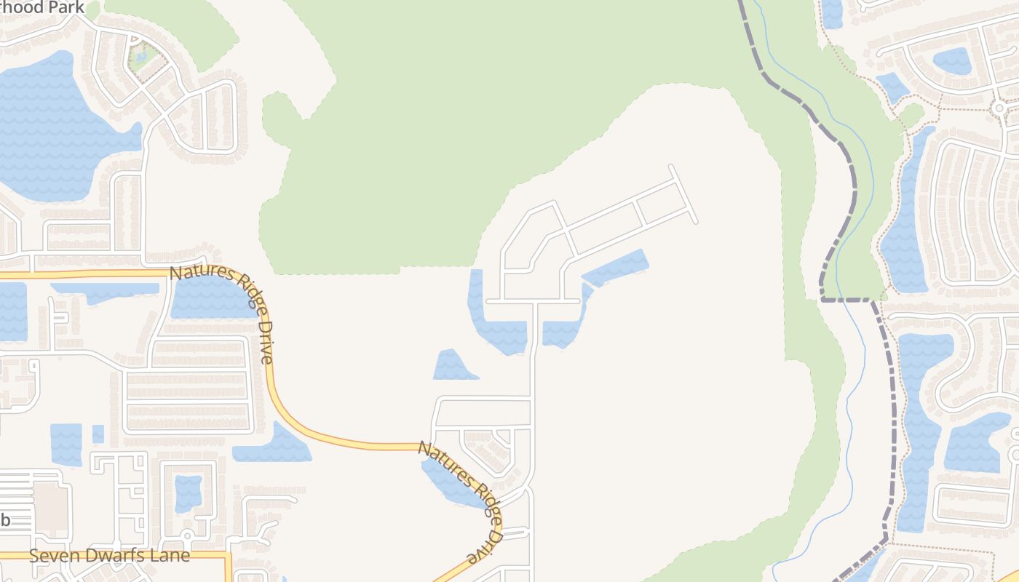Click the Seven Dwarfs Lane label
click(x=109, y=556)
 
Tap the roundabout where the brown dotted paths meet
click(x=999, y=108)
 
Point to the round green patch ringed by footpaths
click(x=911, y=114)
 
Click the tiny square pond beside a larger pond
click(x=98, y=434)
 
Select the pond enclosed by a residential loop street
click(x=188, y=493)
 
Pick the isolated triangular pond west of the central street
click(x=453, y=366)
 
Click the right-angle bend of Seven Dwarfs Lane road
click(x=229, y=556)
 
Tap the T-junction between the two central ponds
click(x=534, y=301)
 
